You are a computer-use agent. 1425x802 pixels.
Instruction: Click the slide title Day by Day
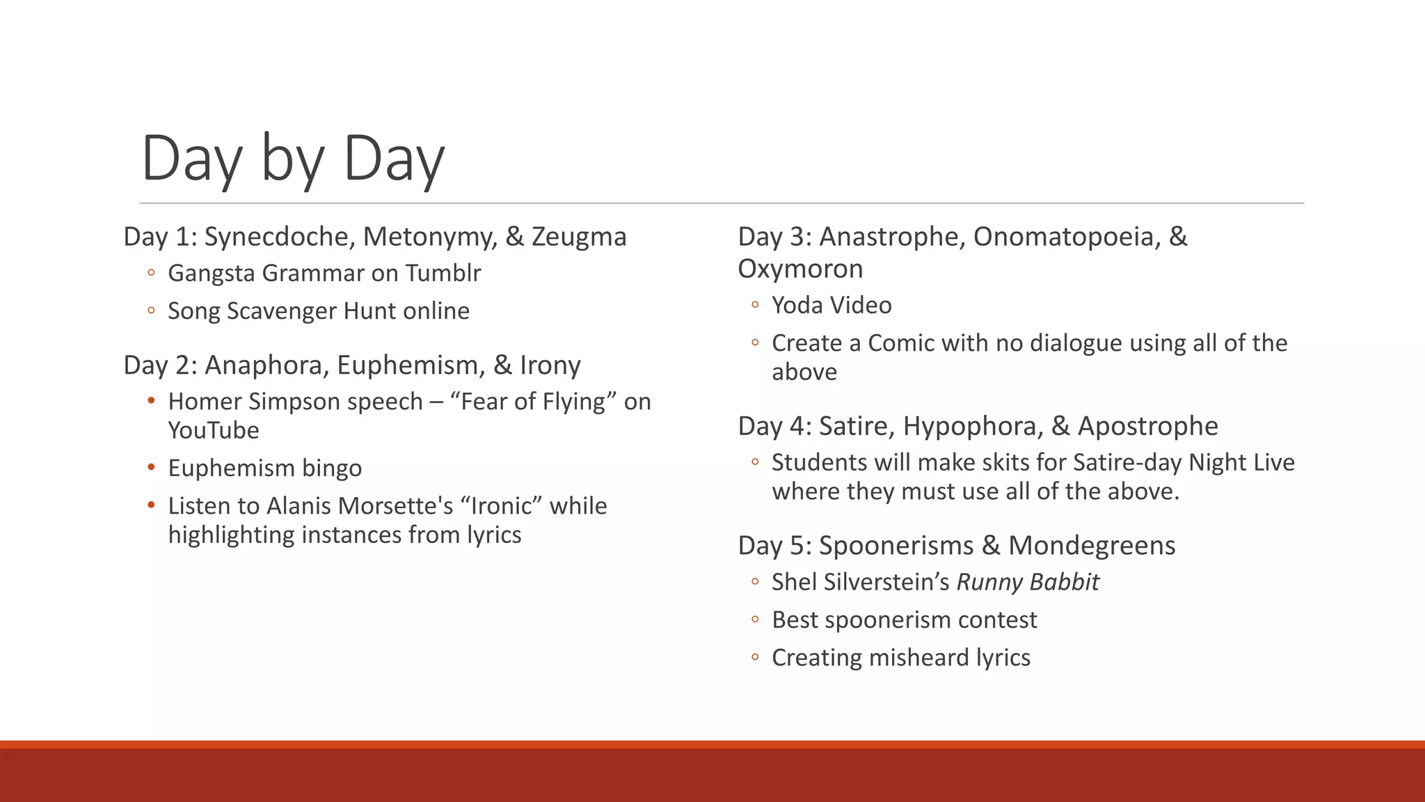point(292,159)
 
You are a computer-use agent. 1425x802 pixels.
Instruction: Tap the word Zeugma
point(579,237)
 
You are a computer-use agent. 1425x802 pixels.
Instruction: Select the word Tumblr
point(443,273)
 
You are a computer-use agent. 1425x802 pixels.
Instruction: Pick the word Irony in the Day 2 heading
point(550,365)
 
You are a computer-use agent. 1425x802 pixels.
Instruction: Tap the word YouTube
point(214,430)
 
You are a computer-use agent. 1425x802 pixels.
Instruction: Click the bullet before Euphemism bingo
point(151,467)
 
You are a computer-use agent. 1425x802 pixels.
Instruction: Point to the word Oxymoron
point(800,269)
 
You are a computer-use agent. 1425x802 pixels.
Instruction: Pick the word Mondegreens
point(1091,546)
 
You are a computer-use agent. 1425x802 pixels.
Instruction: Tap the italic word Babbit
point(1064,582)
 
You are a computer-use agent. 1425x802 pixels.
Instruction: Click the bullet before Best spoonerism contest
point(755,620)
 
